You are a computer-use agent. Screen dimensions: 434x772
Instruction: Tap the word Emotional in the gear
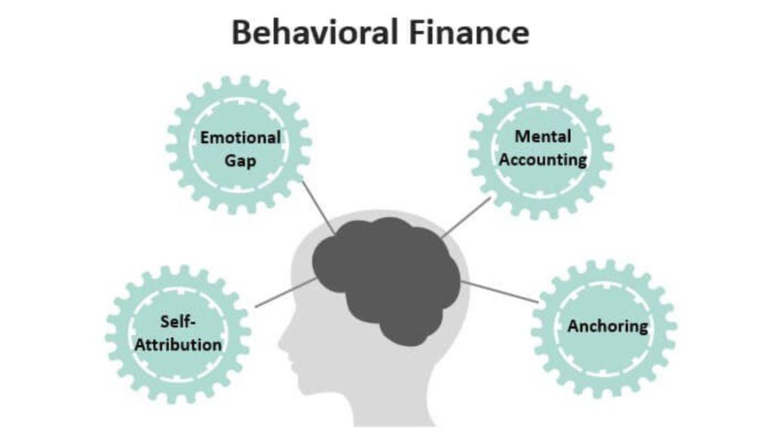click(240, 138)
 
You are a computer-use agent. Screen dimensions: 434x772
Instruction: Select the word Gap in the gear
click(240, 161)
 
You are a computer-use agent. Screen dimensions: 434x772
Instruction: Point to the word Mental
click(543, 136)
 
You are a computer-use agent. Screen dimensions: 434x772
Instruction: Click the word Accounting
click(543, 160)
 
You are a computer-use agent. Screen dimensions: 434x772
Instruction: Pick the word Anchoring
click(607, 326)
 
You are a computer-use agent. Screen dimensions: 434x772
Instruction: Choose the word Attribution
click(179, 345)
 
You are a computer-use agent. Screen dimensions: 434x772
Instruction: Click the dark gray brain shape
click(384, 279)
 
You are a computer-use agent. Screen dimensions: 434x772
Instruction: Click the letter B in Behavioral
click(241, 33)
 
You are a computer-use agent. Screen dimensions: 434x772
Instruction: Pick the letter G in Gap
click(228, 161)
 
